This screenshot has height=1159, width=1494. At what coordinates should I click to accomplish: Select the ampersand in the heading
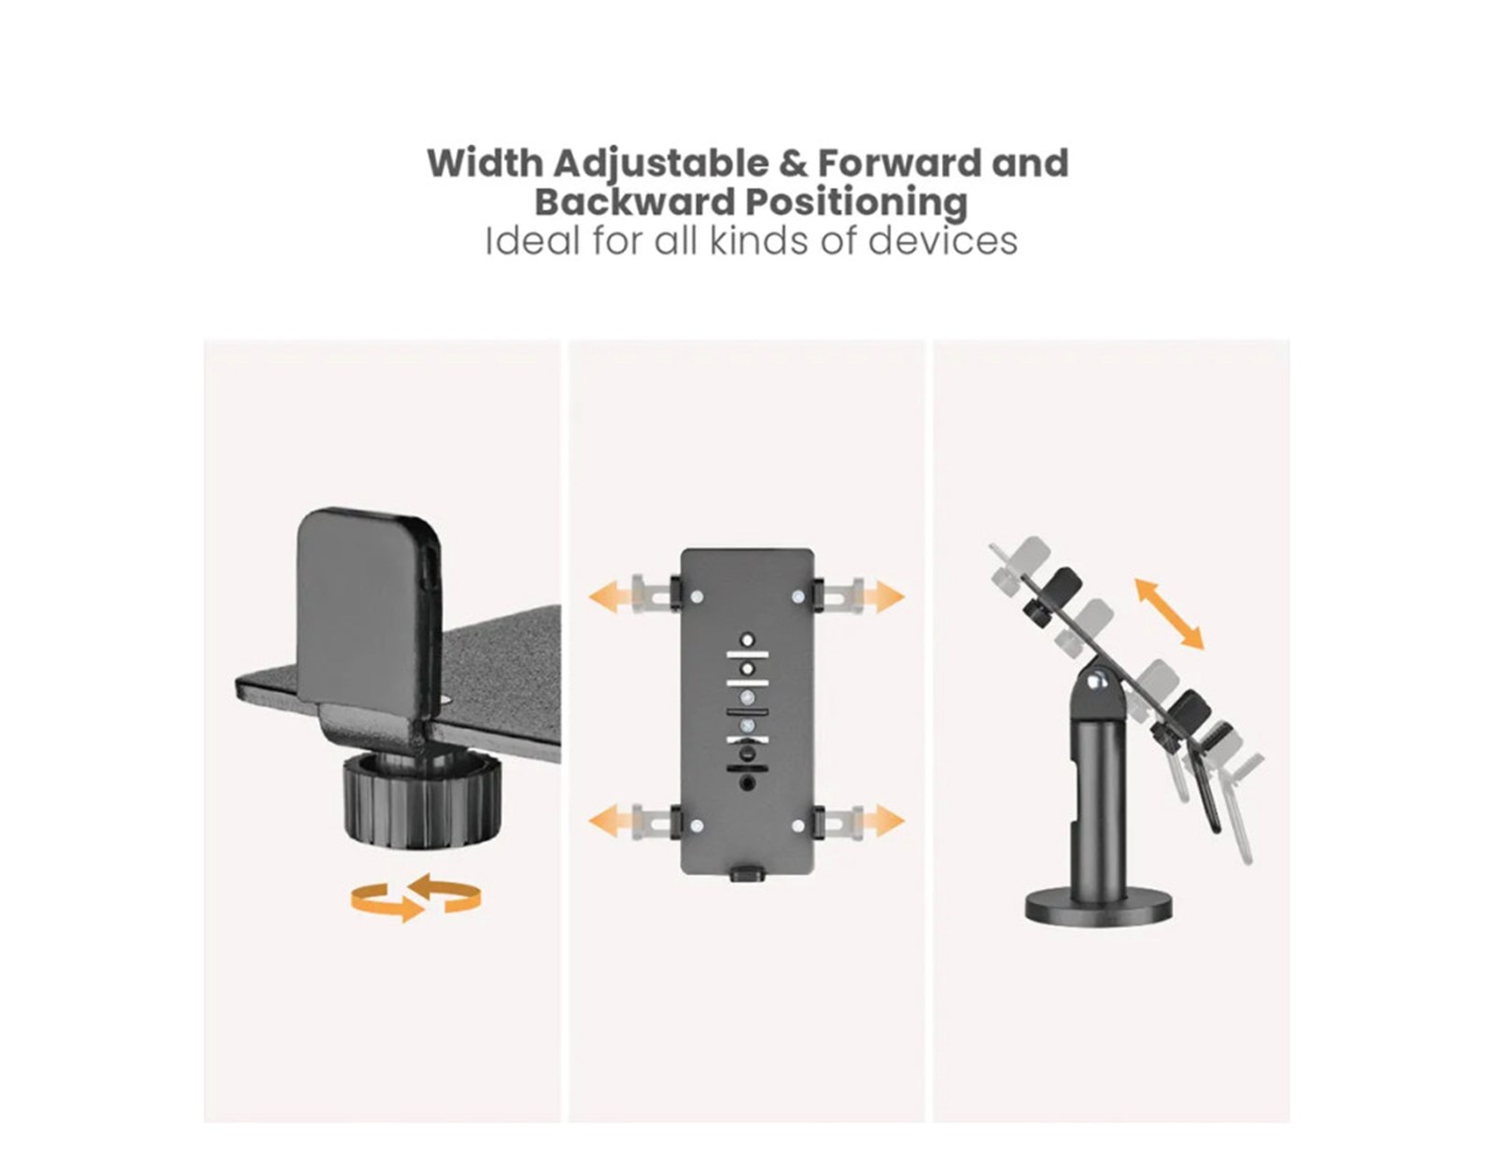click(793, 163)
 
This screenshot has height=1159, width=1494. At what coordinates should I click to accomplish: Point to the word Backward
click(635, 202)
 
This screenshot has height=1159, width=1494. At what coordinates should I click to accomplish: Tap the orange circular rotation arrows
click(416, 897)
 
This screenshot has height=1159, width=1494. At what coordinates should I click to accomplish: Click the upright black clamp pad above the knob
click(369, 611)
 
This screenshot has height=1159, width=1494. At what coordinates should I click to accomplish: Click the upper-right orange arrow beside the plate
click(885, 595)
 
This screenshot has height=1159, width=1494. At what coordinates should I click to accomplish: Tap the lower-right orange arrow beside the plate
click(885, 821)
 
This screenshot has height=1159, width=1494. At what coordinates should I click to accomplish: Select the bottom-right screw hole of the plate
click(798, 825)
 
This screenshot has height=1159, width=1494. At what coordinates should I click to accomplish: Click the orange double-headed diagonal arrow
click(1169, 614)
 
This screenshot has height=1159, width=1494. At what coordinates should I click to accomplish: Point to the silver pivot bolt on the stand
click(1099, 681)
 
